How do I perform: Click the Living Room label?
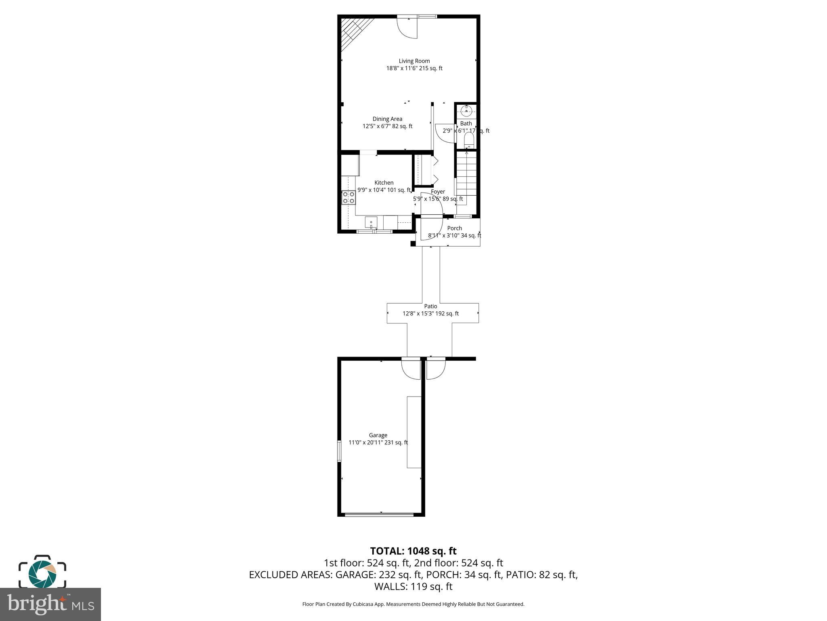click(414, 61)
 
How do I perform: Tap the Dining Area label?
click(387, 119)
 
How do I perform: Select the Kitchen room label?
click(384, 183)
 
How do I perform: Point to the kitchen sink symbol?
click(371, 223)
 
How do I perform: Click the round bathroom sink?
click(466, 110)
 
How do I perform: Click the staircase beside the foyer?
click(466, 174)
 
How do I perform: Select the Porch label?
click(454, 228)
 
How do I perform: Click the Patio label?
click(430, 306)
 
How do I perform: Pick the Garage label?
click(378, 435)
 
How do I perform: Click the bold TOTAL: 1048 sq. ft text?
click(413, 551)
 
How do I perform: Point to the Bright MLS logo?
click(50, 604)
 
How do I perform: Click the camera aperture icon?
click(42, 572)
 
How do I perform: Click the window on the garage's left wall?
click(339, 452)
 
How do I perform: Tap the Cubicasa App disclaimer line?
click(413, 604)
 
